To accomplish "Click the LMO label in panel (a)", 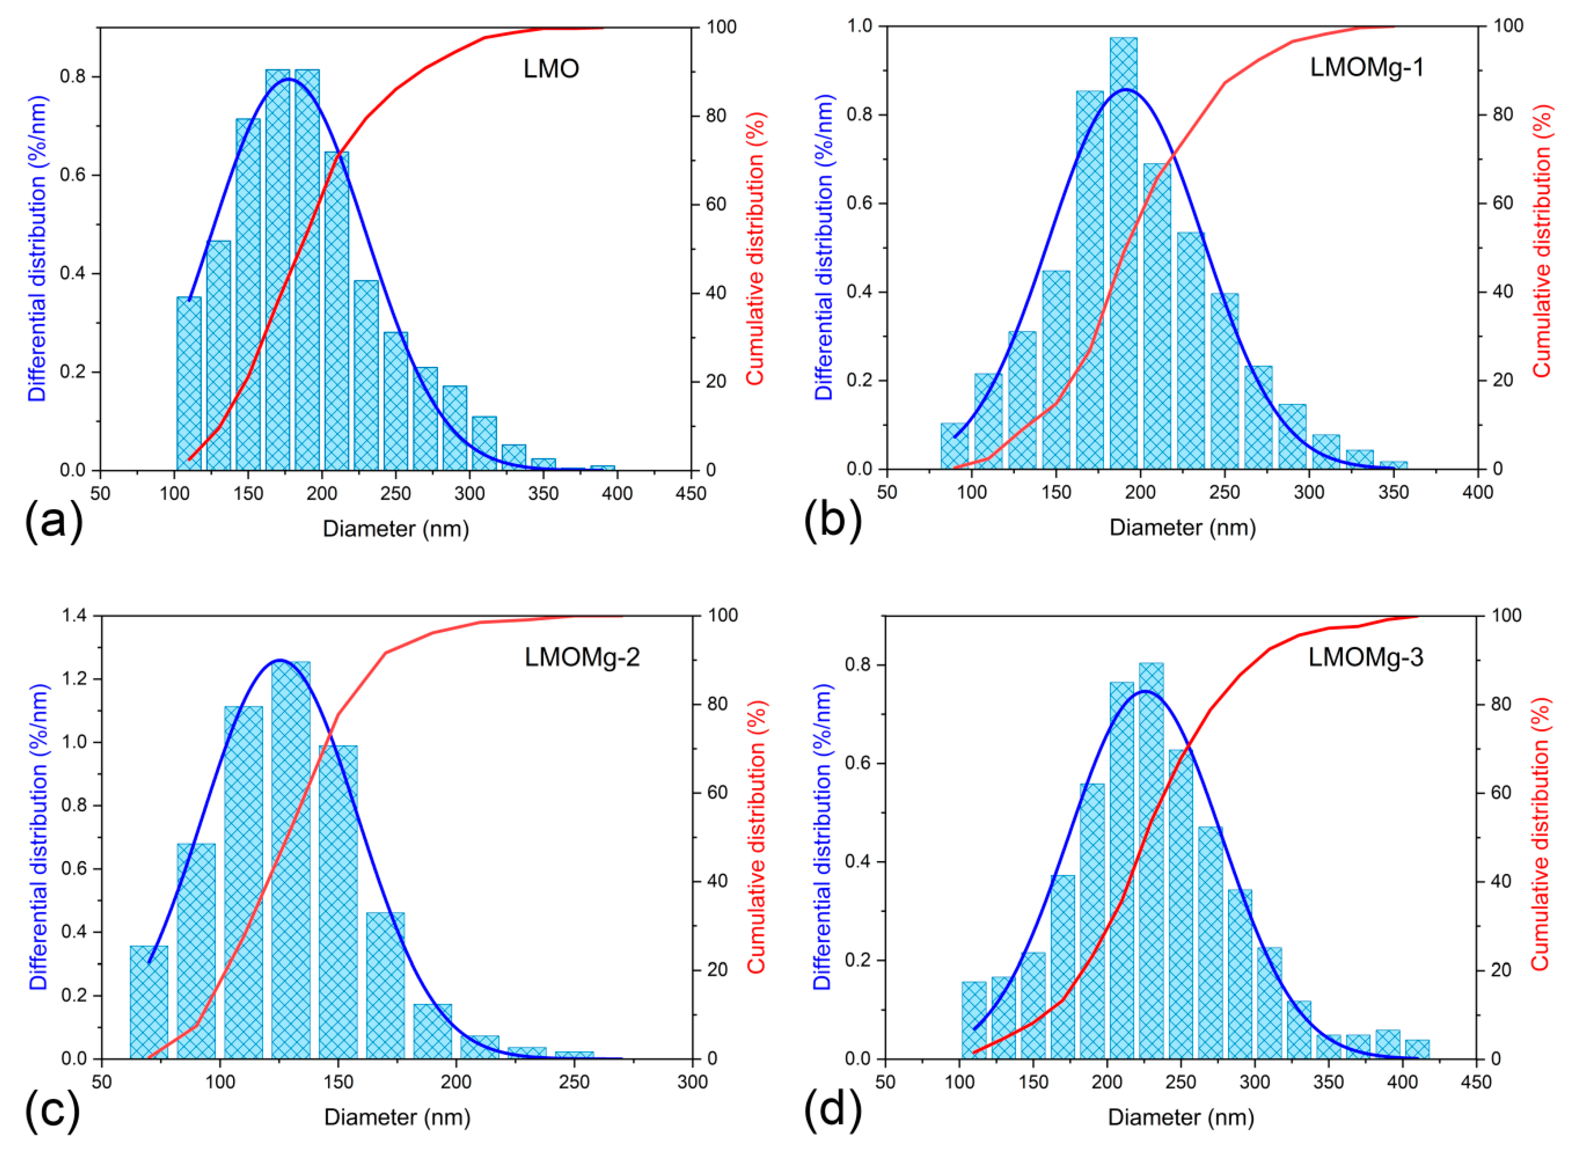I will pos(550,68).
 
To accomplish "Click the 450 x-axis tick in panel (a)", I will pos(690,493).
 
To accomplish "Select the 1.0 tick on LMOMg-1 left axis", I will pos(859,26).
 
